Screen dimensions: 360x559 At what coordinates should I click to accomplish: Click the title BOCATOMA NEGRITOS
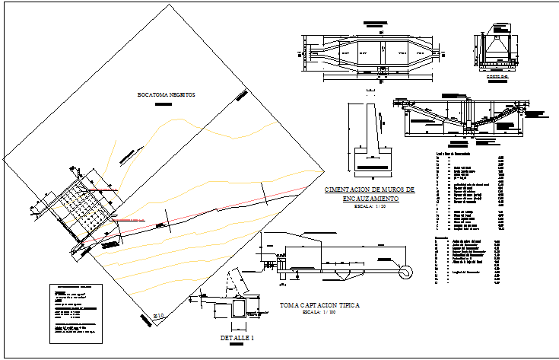coord(166,95)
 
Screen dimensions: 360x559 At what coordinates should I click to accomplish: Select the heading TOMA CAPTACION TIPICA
coord(319,304)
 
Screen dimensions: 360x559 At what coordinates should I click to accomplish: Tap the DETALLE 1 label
coord(237,337)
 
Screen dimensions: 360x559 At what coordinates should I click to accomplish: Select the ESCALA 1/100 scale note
coord(319,312)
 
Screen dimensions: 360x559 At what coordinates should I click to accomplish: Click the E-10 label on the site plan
coord(159,315)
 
